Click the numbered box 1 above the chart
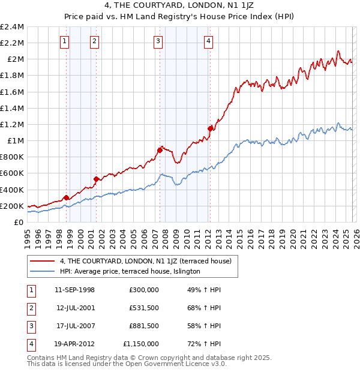coord(64,41)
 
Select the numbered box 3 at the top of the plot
coord(158,41)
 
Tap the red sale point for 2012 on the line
coord(210,128)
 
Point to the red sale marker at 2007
coord(160,150)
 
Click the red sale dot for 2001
coord(96,178)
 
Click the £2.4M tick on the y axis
coord(12,27)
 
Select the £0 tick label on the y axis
coord(19,222)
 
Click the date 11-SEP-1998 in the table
coord(74,290)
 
